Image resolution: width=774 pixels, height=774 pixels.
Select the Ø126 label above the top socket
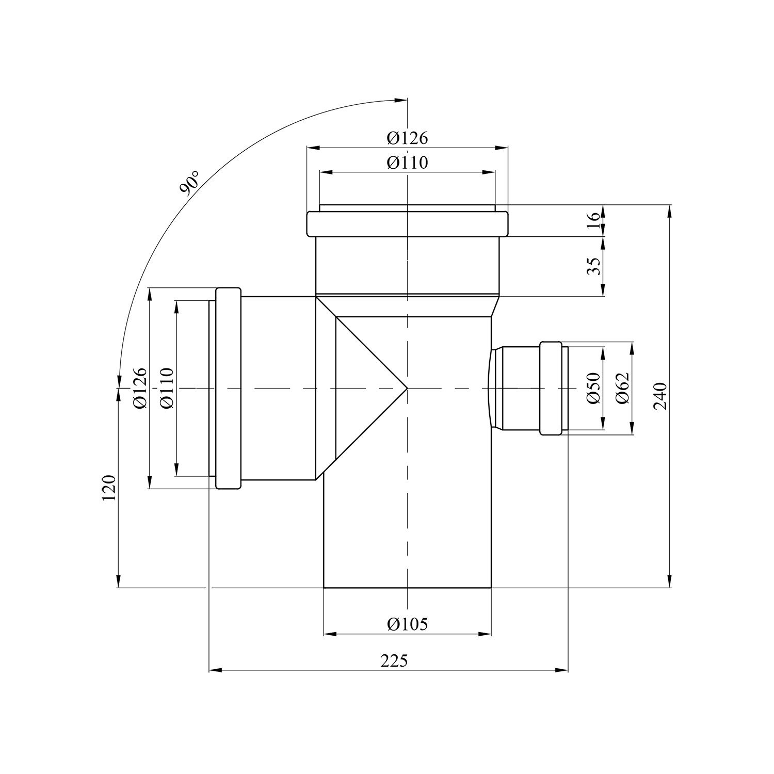(408, 138)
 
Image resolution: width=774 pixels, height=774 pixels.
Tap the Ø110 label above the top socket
(408, 163)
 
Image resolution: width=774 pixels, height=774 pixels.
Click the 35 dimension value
(595, 266)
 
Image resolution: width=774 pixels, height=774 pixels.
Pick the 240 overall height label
(661, 396)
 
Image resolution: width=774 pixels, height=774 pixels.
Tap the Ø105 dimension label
(408, 624)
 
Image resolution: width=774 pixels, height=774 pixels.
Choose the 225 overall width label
(394, 661)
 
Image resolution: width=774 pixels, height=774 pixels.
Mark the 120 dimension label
(108, 488)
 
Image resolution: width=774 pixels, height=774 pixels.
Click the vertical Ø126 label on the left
(140, 388)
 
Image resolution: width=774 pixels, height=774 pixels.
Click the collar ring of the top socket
(408, 224)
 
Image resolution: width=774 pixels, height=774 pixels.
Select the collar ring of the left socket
(228, 388)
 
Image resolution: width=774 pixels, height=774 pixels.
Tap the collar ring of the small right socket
(551, 388)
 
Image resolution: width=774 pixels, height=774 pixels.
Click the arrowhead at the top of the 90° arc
(401, 100)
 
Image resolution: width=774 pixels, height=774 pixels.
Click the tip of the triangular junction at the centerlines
(407, 388)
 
